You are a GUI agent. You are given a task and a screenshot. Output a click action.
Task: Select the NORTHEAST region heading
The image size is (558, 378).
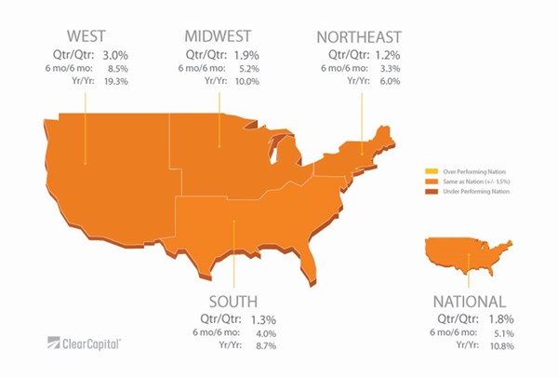tap(358, 37)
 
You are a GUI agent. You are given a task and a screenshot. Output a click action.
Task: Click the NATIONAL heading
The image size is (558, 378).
tap(469, 302)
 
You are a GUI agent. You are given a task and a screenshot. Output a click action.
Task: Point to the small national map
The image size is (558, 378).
tap(470, 253)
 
